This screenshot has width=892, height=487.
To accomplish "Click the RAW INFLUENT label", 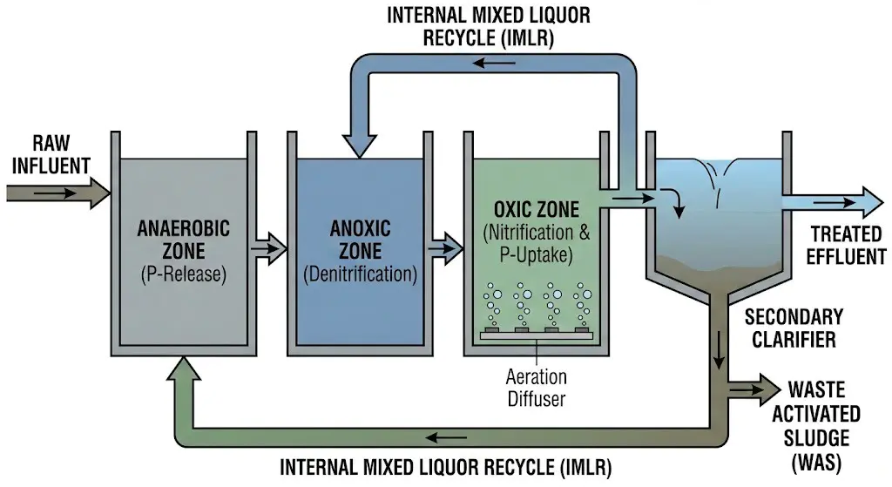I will [x=50, y=154].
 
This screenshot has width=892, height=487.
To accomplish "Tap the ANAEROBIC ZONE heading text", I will [x=184, y=240].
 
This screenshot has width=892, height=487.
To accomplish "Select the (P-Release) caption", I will [x=184, y=274].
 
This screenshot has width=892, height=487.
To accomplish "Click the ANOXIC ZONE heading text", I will [x=360, y=240].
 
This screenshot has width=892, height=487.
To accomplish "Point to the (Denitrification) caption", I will [x=360, y=274].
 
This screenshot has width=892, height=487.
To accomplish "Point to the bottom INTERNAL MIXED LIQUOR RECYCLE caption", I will [x=445, y=466].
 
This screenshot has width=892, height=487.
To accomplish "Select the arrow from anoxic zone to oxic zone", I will [x=445, y=247].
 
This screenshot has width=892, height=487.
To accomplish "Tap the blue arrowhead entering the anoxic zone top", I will [x=360, y=145].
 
